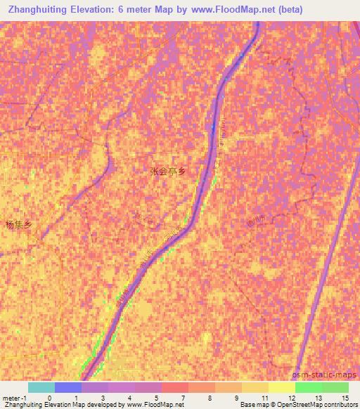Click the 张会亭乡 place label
click(169, 171)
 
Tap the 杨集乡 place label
click(19, 226)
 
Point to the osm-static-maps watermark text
click(329, 375)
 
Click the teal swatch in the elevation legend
click(41, 387)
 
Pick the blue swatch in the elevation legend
click(67, 387)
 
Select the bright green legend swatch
click(308, 387)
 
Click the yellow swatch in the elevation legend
click(281, 387)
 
